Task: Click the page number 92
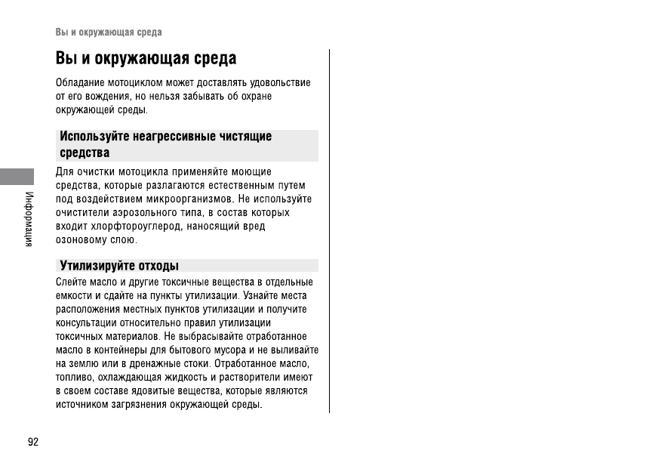(32, 442)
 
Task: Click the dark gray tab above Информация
(17, 177)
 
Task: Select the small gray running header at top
(109, 32)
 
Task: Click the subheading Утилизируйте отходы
(119, 266)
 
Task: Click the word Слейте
(71, 282)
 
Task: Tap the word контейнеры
(131, 350)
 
